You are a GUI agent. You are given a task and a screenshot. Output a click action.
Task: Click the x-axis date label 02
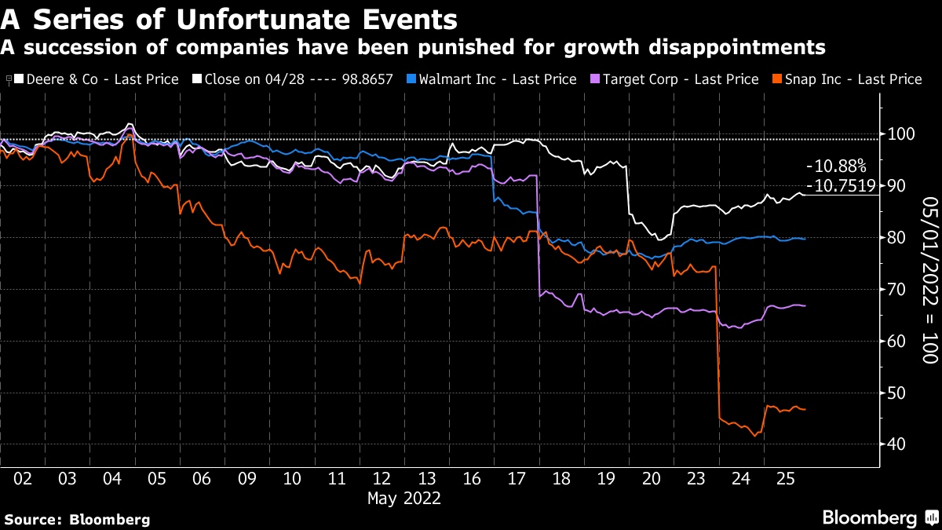coord(22,478)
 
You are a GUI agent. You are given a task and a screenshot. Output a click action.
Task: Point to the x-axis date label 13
coord(427,478)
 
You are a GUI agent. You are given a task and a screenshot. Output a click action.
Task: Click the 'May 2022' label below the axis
coord(405,498)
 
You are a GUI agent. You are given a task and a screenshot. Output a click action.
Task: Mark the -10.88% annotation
coord(836,166)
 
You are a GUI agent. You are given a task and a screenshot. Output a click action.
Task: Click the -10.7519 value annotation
coord(841,186)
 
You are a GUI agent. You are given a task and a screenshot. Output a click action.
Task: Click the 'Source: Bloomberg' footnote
coord(77,519)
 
